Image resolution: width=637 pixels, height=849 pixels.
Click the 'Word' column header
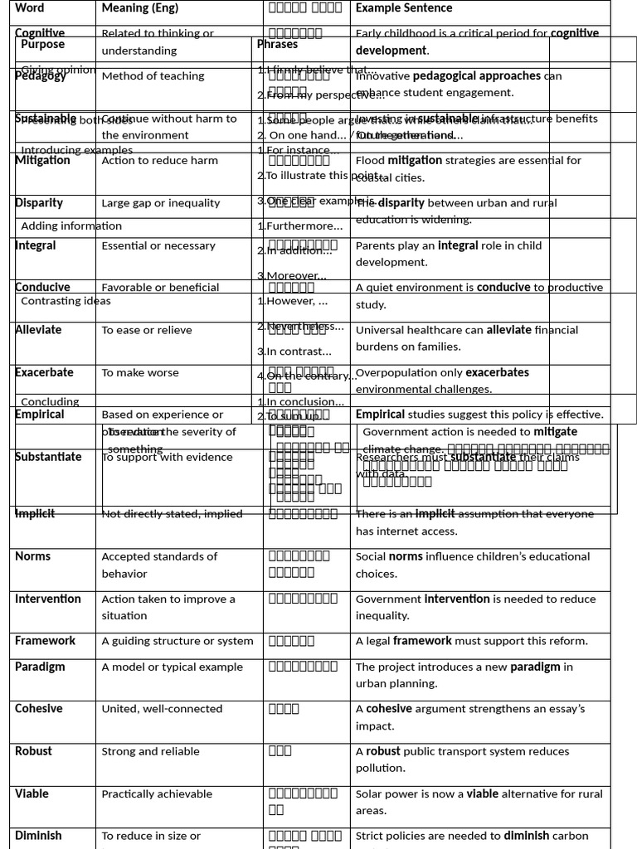pyautogui.click(x=30, y=8)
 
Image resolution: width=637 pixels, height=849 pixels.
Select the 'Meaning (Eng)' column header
pyautogui.click(x=139, y=8)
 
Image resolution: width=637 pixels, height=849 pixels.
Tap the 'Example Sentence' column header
pyautogui.click(x=404, y=8)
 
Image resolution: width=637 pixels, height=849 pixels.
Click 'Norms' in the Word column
pyautogui.click(x=33, y=556)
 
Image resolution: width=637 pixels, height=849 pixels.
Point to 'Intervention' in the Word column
pyautogui.click(x=48, y=599)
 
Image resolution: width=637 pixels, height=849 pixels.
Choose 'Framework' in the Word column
pyautogui.click(x=45, y=641)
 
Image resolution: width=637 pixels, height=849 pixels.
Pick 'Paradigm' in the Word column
pyautogui.click(x=40, y=667)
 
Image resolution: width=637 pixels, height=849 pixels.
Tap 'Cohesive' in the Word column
pyautogui.click(x=39, y=709)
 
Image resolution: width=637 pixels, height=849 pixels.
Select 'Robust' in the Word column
pyautogui.click(x=33, y=751)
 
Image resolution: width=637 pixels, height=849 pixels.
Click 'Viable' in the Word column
pyautogui.click(x=32, y=793)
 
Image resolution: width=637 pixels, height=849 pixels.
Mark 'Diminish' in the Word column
pyautogui.click(x=38, y=836)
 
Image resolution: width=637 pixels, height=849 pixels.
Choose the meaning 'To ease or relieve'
pyautogui.click(x=147, y=330)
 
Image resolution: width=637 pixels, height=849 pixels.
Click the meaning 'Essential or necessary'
pyautogui.click(x=158, y=245)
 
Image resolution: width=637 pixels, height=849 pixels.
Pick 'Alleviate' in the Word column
pyautogui.click(x=38, y=330)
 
